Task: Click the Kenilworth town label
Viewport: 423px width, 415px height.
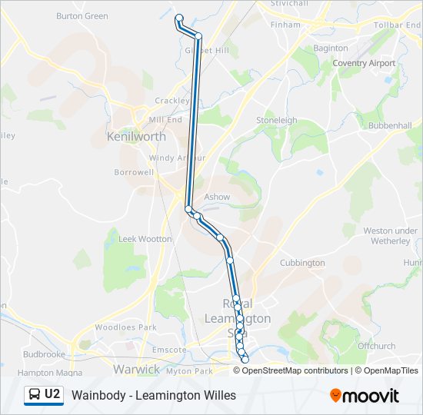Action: click(137, 137)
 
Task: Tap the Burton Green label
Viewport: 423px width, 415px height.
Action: click(82, 15)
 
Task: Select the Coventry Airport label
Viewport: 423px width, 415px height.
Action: click(364, 64)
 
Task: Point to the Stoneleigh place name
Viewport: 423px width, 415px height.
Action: click(276, 121)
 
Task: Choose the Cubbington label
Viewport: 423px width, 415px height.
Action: click(302, 263)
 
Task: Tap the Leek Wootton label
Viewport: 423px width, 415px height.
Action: click(145, 239)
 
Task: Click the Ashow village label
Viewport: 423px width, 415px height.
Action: click(217, 197)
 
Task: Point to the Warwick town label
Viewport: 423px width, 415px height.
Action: click(136, 370)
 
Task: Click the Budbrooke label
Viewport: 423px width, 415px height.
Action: click(44, 354)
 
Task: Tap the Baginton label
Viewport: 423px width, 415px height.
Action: click(331, 48)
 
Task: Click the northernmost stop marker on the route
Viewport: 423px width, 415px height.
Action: click(179, 18)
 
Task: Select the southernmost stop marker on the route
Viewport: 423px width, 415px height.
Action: click(245, 360)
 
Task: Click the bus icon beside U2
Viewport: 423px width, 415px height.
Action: click(35, 395)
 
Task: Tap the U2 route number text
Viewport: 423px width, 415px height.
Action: click(52, 395)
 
